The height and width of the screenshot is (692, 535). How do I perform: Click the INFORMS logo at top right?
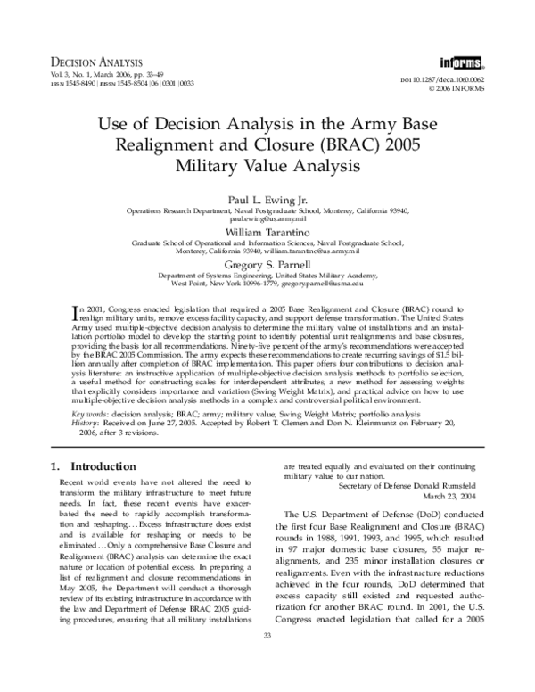tap(458, 62)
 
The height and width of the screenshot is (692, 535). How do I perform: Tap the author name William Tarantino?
tap(267, 229)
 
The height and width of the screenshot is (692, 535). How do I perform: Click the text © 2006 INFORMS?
tap(460, 89)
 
